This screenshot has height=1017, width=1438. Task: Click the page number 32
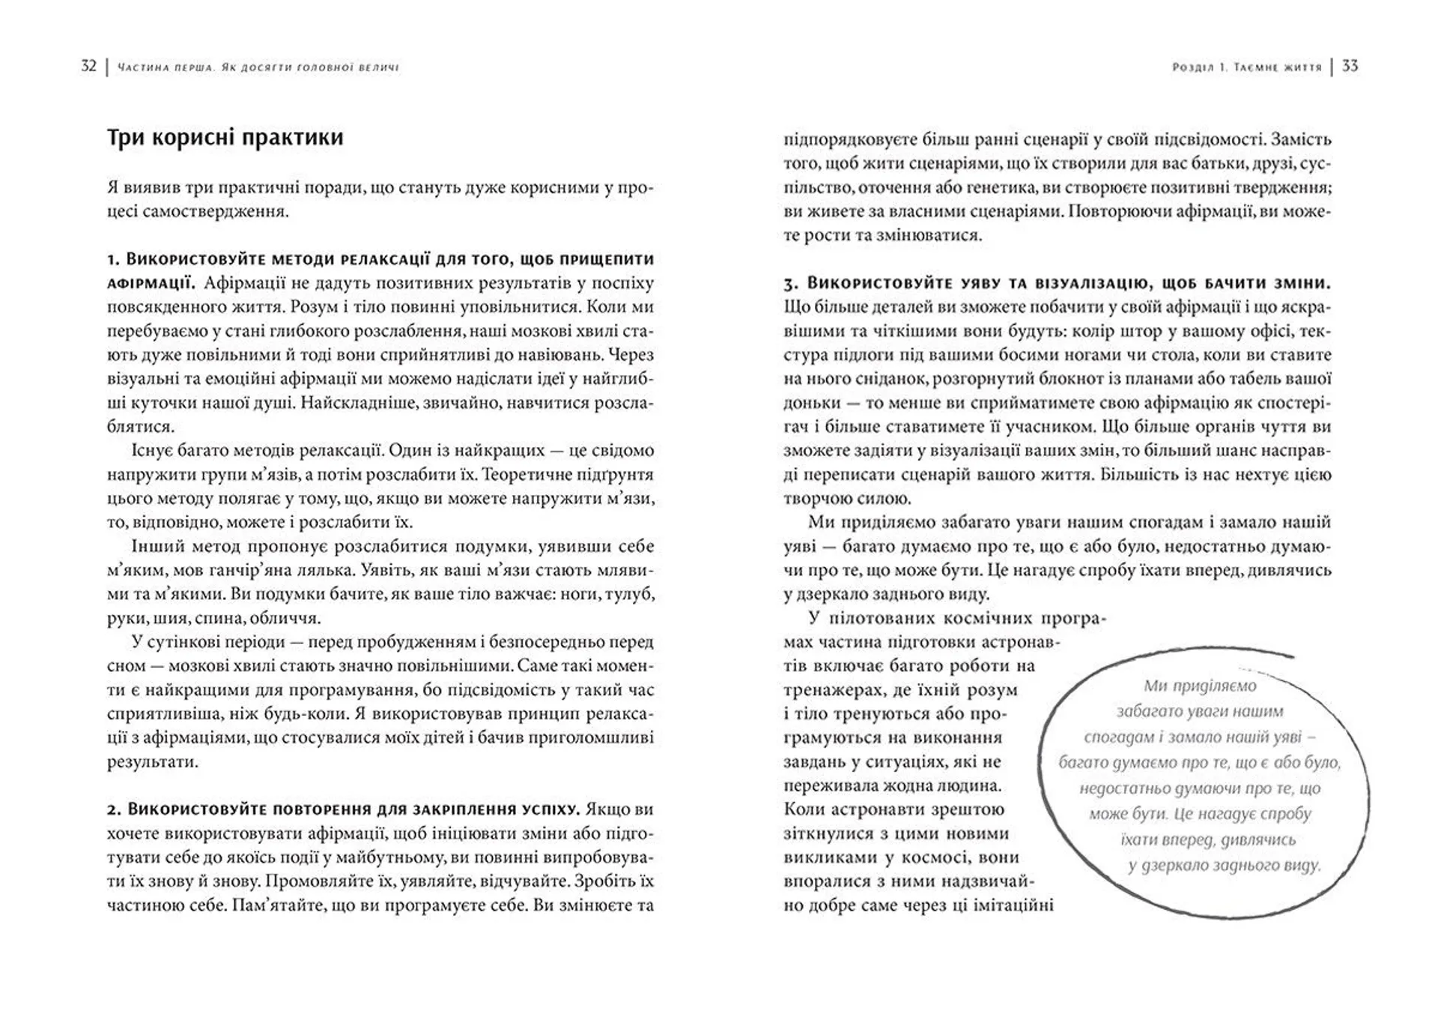88,67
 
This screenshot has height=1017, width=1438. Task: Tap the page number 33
1350,67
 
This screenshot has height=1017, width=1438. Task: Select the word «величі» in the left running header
380,67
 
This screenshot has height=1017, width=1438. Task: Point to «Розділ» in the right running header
1192,67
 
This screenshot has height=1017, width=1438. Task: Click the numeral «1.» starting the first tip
114,260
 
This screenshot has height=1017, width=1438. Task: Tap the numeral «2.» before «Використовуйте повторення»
114,810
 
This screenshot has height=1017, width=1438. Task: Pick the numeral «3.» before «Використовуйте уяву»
792,284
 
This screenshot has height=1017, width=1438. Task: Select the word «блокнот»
1066,379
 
